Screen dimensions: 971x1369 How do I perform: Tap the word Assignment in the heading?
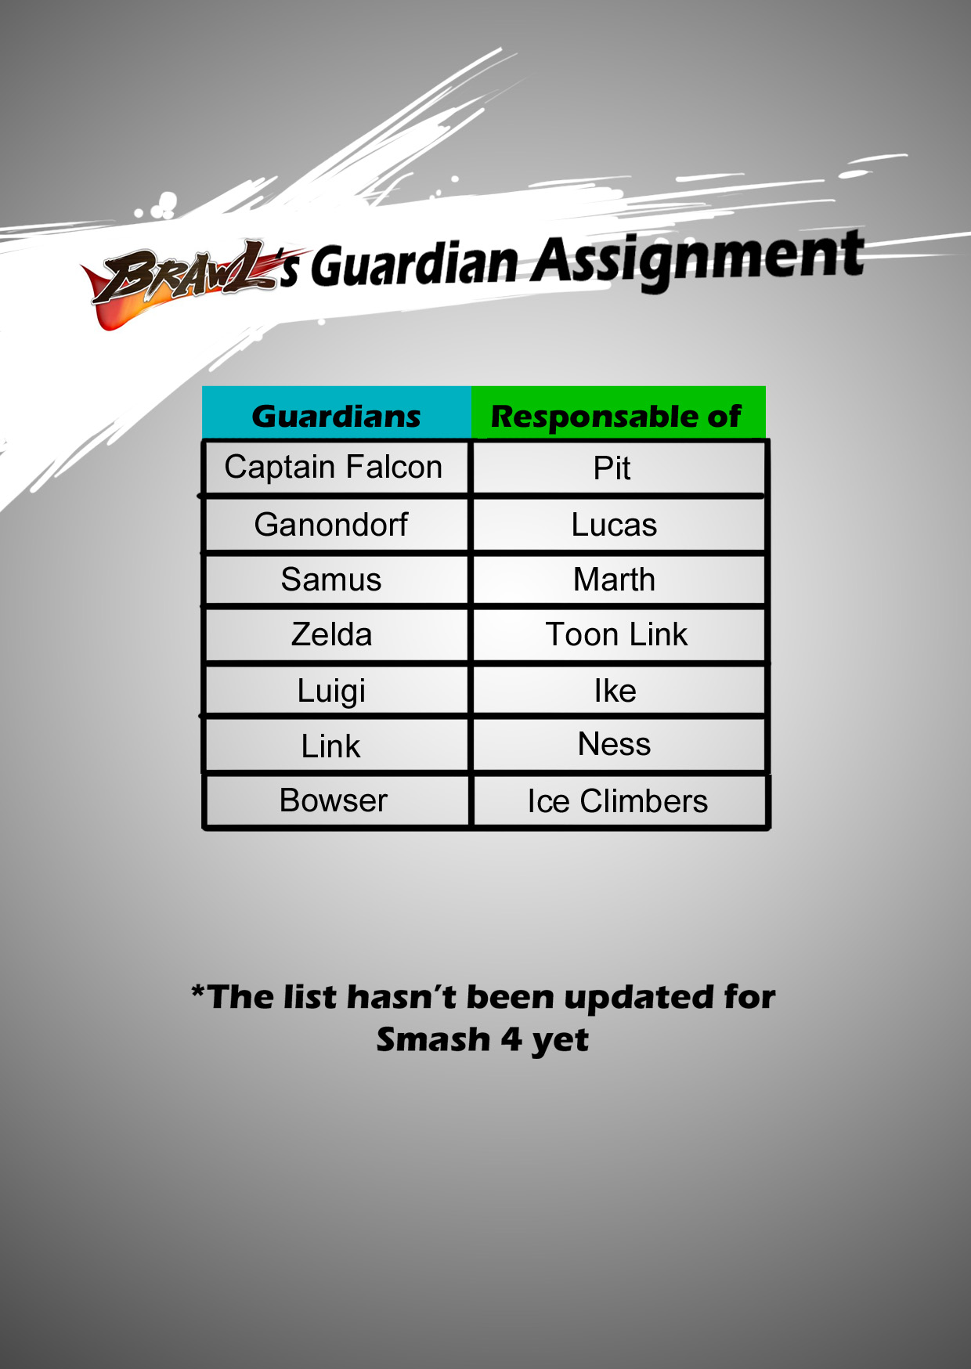pos(698,258)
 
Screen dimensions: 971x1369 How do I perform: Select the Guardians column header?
pos(337,413)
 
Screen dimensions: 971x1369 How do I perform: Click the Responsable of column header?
pos(618,413)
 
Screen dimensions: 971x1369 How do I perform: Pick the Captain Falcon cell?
pos(336,468)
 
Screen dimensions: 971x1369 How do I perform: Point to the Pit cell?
pos(619,468)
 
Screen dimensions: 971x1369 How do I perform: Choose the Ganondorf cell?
pos(336,525)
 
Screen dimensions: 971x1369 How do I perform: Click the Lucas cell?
pos(619,525)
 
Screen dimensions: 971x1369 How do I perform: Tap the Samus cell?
pos(336,580)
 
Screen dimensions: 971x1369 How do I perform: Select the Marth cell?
pos(619,580)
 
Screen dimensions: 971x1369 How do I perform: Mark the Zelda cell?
pos(336,634)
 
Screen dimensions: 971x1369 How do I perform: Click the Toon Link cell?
pos(619,634)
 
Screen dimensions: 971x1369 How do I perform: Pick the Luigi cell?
pos(336,690)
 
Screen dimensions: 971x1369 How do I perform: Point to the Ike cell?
pos(619,690)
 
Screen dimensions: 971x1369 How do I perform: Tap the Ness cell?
pos(619,745)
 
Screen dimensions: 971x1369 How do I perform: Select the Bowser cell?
pos(336,800)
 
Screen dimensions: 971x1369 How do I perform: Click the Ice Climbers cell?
pos(619,800)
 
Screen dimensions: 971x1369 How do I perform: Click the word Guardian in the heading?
pos(415,264)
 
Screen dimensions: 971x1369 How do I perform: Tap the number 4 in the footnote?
pos(511,1039)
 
